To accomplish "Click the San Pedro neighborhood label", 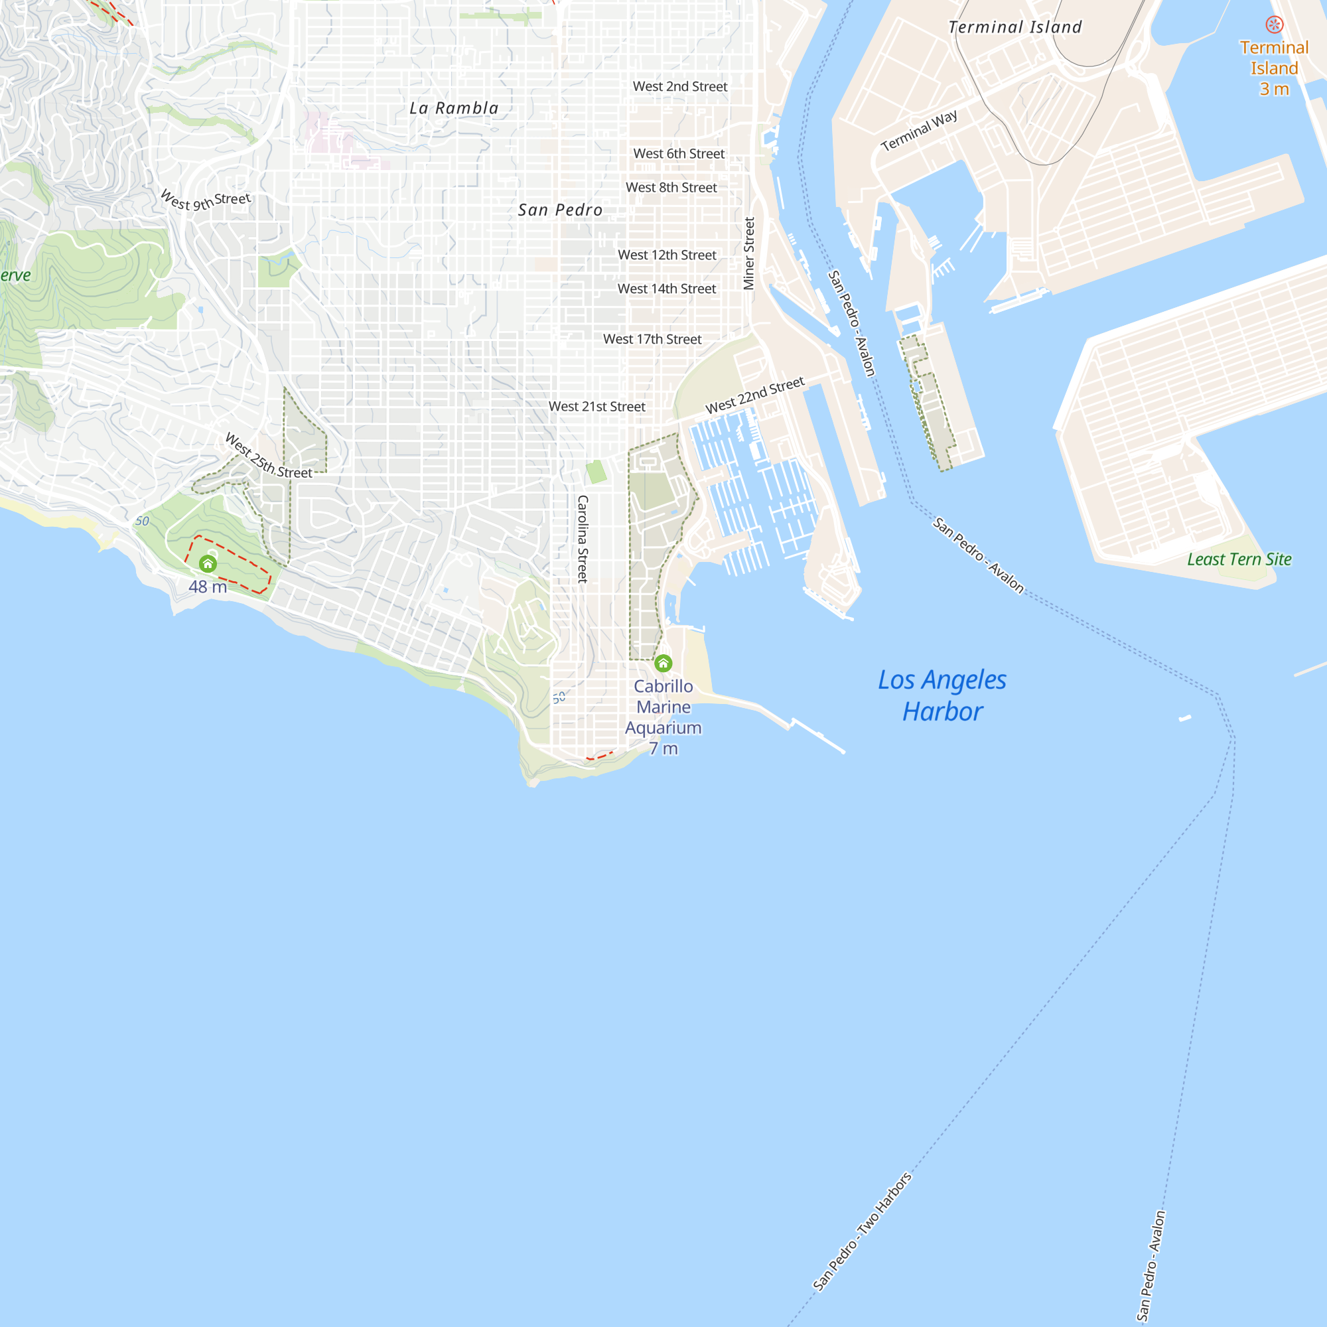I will (560, 210).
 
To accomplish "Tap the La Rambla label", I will (454, 109).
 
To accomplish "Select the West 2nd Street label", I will (680, 86).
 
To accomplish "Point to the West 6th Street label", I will (679, 154).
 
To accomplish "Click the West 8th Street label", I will (671, 188).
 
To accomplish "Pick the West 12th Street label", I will (667, 255).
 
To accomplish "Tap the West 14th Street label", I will (666, 289).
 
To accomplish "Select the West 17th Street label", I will (652, 339).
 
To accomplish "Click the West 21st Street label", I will (597, 407).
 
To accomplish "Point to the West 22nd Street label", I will (754, 395).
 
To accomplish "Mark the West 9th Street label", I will (206, 201).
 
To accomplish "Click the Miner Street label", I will (749, 253).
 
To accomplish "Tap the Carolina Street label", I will (583, 539).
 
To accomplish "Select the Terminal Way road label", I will (918, 131).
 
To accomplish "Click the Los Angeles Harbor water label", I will (942, 696).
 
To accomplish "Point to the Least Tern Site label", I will (1239, 560).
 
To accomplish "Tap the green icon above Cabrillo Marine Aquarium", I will (663, 663).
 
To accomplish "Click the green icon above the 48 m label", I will (208, 564).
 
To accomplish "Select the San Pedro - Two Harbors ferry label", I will (862, 1231).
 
